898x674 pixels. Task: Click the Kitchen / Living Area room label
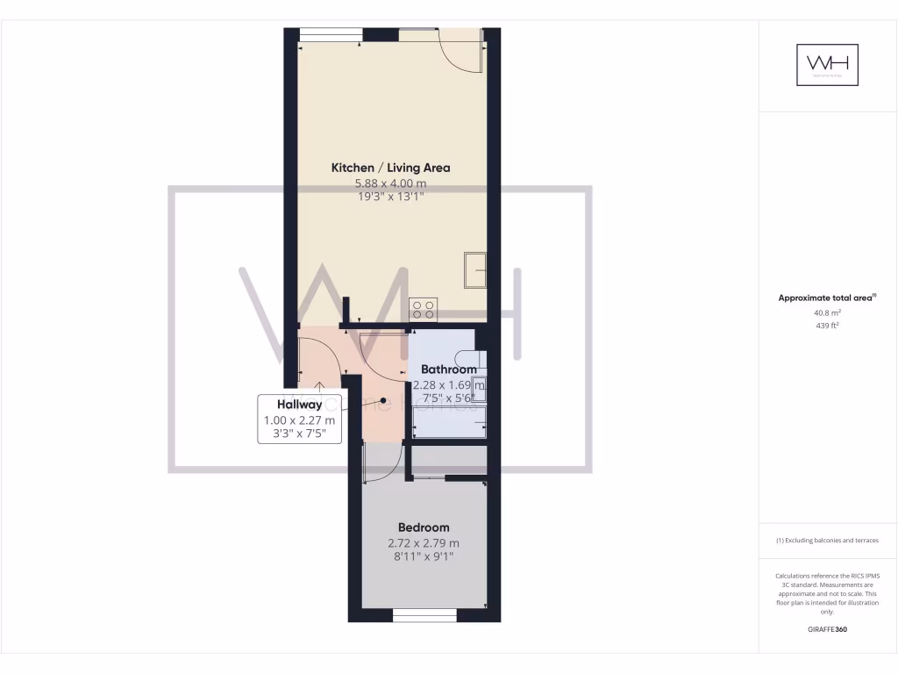pyautogui.click(x=390, y=168)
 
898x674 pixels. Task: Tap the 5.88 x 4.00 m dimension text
pyautogui.click(x=390, y=183)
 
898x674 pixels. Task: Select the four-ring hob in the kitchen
pyautogui.click(x=423, y=308)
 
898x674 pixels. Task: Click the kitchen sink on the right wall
pyautogui.click(x=475, y=269)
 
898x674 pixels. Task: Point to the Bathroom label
pyautogui.click(x=448, y=369)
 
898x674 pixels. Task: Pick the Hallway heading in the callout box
pyautogui.click(x=299, y=405)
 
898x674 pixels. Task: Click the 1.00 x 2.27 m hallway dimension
pyautogui.click(x=299, y=420)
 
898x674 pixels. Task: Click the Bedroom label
pyautogui.click(x=424, y=527)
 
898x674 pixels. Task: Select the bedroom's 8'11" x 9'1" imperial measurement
pyautogui.click(x=424, y=556)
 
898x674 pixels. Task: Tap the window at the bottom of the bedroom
pyautogui.click(x=424, y=617)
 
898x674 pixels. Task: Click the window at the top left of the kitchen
pyautogui.click(x=331, y=35)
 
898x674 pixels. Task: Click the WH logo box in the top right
pyautogui.click(x=827, y=65)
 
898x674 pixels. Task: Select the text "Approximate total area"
pyautogui.click(x=825, y=298)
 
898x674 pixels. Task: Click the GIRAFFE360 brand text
pyautogui.click(x=827, y=629)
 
